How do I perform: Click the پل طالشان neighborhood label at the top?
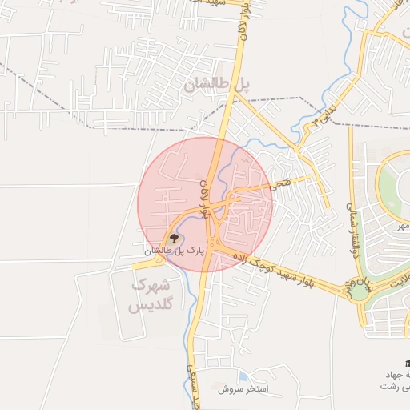(x=218, y=84)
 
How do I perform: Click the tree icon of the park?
(x=172, y=237)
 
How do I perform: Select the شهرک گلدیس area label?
(x=150, y=295)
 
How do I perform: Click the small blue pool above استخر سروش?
(x=243, y=376)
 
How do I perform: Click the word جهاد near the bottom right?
(x=396, y=375)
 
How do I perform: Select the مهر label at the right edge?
(x=394, y=227)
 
